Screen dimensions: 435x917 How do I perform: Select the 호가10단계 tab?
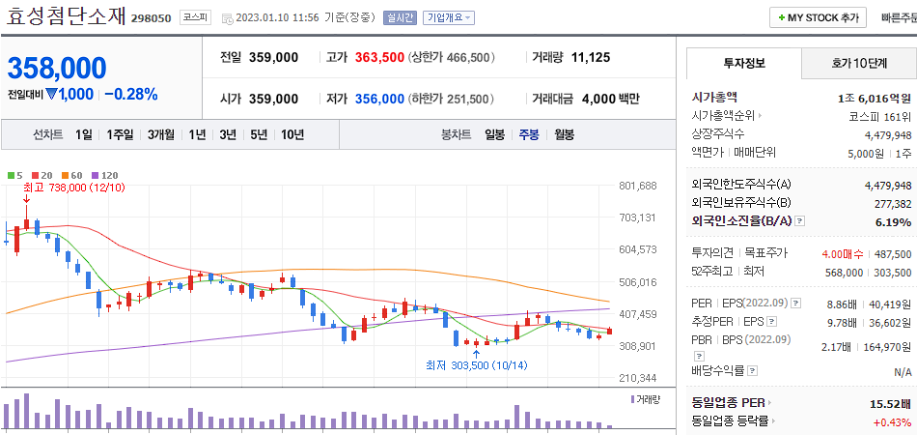(x=858, y=63)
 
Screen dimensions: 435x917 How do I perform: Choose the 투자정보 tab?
(x=743, y=63)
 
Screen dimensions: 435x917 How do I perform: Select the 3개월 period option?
(x=163, y=134)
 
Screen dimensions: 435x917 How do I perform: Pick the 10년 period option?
(x=292, y=134)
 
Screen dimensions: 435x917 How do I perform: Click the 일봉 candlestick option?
(x=494, y=134)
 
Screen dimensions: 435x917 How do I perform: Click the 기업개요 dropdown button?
(x=449, y=17)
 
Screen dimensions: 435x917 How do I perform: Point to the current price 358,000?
(x=57, y=68)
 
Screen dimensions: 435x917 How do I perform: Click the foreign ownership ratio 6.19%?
(x=893, y=221)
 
